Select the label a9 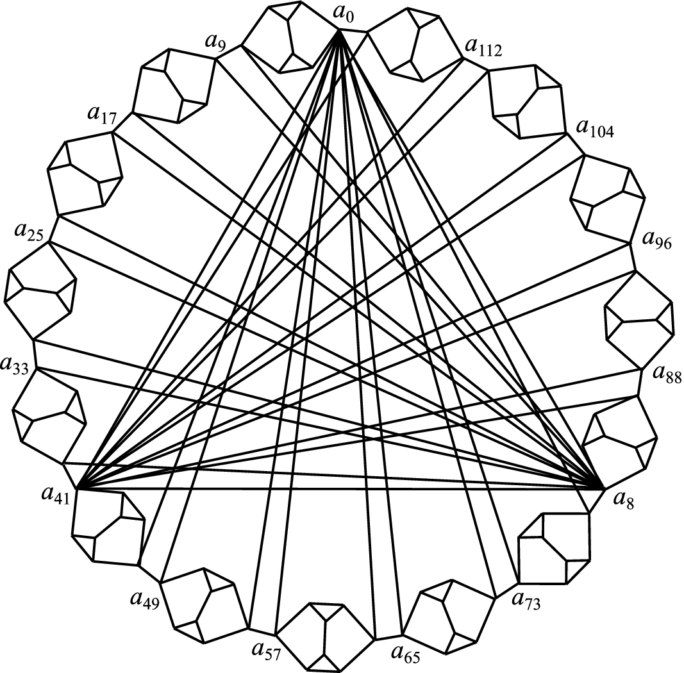(x=215, y=44)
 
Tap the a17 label (x=99, y=116)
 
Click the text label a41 (x=53, y=495)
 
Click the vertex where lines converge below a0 (x=340, y=31)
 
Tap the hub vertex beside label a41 (x=77, y=489)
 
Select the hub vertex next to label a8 (x=603, y=488)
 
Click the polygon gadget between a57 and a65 (x=327, y=635)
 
